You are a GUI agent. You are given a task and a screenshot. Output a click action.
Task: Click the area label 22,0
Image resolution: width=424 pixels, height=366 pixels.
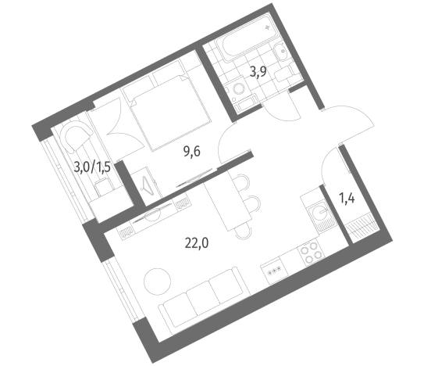[197, 243]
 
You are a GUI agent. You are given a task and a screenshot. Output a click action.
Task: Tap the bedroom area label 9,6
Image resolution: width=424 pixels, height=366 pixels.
[192, 152]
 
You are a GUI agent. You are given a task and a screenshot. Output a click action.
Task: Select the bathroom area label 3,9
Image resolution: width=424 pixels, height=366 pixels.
[258, 72]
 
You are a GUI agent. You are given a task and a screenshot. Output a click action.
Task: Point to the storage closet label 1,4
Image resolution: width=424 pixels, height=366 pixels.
[347, 199]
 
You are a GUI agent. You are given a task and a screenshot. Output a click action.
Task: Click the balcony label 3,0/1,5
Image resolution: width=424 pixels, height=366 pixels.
[92, 167]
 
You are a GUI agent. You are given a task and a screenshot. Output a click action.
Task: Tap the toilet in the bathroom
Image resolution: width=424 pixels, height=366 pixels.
[285, 73]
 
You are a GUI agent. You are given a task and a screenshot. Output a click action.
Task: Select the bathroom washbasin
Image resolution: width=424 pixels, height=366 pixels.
[281, 51]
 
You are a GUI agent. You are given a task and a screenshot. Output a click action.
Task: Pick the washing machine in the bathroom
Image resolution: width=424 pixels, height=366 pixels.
[238, 89]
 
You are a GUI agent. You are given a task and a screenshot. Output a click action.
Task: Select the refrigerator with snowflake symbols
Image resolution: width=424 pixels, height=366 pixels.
[274, 271]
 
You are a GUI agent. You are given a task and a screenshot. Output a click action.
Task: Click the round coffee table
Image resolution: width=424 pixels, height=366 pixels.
[157, 282]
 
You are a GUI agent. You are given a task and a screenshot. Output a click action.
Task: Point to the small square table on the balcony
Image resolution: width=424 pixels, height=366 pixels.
[104, 187]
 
